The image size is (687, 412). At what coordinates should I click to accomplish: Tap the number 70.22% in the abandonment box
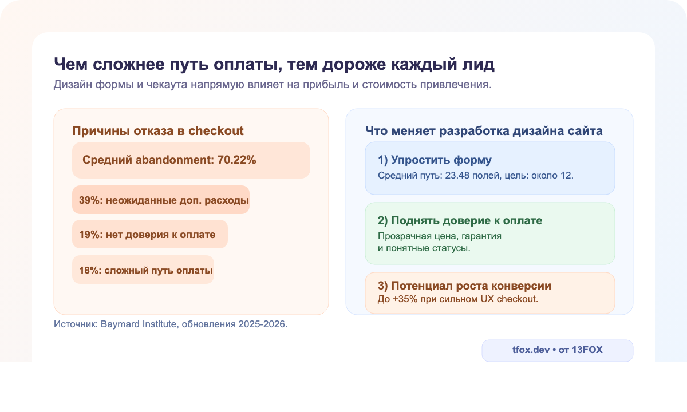click(236, 160)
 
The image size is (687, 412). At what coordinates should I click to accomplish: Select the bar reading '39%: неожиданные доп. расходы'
click(161, 200)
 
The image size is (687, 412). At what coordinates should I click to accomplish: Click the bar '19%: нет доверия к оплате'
click(150, 235)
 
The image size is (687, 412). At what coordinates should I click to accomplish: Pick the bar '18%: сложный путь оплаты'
click(143, 270)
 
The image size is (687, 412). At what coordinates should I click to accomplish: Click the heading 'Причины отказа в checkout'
click(157, 131)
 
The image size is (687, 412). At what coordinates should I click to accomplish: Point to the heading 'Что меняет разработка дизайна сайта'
click(484, 131)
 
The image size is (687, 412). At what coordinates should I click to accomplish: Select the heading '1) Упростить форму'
click(435, 160)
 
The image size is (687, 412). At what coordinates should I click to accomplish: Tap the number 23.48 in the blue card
click(452, 175)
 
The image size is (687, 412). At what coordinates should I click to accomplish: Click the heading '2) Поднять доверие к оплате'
click(460, 221)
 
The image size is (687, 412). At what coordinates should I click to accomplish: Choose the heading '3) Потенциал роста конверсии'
click(464, 286)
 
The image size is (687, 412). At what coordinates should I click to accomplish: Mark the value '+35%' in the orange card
click(402, 299)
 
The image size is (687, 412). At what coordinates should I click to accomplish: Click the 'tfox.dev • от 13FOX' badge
click(557, 350)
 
